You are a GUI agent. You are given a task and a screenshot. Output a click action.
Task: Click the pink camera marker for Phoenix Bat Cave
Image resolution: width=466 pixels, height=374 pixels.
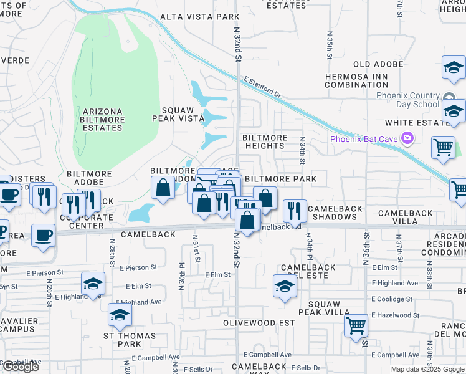point(407,138)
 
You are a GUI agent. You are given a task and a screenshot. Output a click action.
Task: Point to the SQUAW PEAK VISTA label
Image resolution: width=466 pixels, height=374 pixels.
point(179,113)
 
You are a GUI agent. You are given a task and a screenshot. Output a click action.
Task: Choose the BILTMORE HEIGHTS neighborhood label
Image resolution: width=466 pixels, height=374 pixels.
point(264,141)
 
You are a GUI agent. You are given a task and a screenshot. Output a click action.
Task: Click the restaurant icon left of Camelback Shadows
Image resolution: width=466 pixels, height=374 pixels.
point(295,211)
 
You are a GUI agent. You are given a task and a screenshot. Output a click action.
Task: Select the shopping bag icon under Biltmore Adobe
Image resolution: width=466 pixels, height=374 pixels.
point(163,188)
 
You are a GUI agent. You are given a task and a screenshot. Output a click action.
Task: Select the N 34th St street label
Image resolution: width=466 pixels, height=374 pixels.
point(302,150)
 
